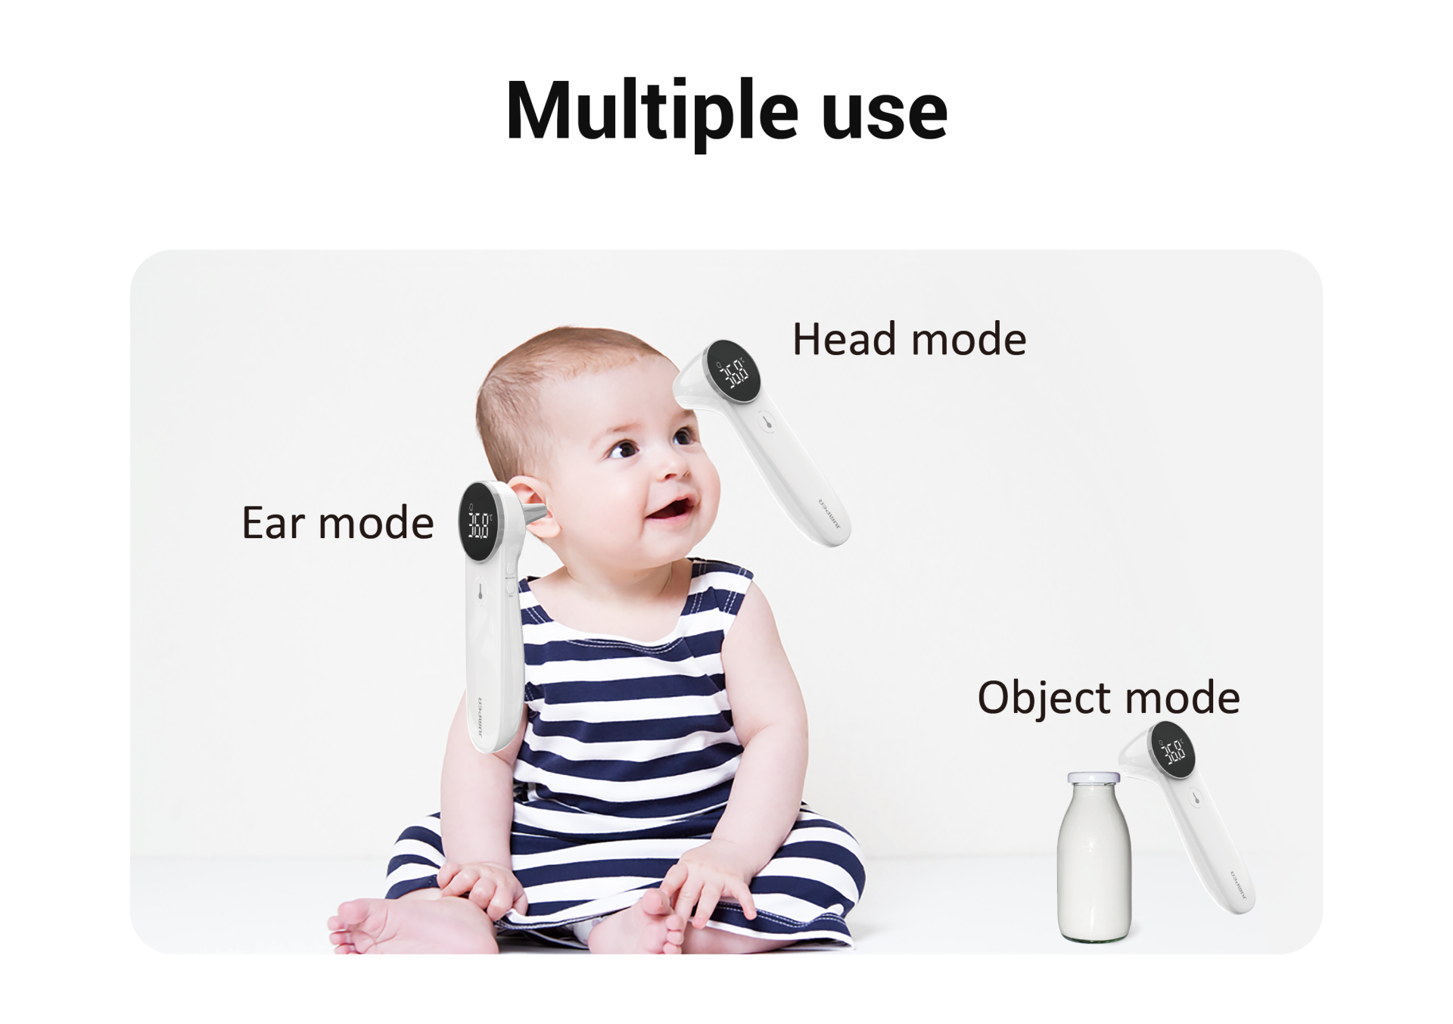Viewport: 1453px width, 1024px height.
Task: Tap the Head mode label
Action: (909, 339)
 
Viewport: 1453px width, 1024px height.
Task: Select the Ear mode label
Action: (338, 522)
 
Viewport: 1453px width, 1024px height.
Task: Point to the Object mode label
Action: (1109, 698)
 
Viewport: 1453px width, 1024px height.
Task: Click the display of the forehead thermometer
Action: (733, 372)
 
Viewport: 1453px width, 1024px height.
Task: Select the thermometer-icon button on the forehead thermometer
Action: (767, 422)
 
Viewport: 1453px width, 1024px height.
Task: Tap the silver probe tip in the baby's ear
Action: (534, 514)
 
